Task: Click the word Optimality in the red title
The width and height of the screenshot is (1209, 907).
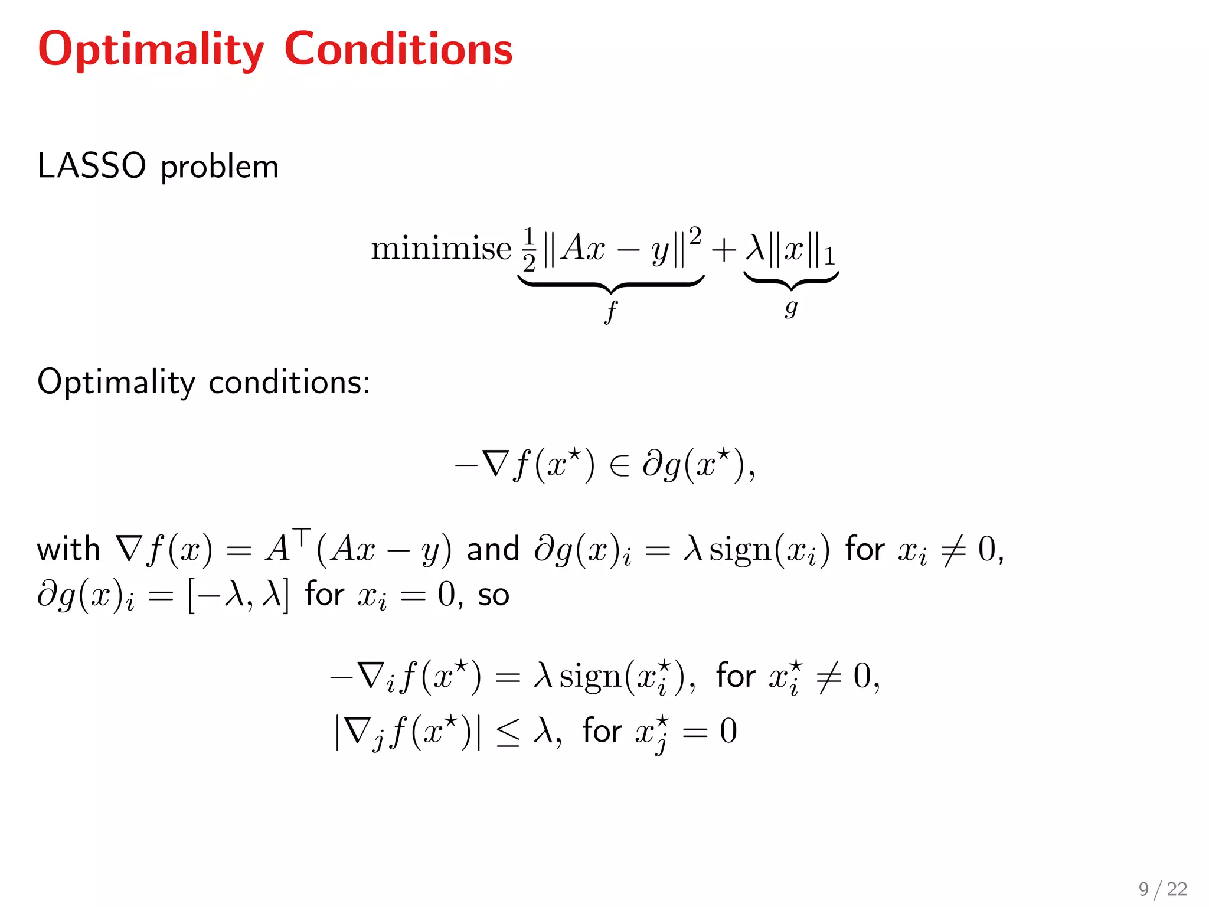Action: click(x=151, y=50)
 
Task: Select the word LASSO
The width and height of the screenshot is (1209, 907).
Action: click(x=92, y=166)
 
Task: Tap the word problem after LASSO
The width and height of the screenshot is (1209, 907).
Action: click(x=219, y=168)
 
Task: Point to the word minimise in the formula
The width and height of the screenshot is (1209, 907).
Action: click(x=441, y=248)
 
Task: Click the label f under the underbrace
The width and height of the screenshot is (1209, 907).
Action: click(x=611, y=311)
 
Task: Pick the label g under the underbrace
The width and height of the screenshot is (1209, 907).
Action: click(x=791, y=307)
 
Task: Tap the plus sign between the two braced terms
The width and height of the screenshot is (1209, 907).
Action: click(x=724, y=250)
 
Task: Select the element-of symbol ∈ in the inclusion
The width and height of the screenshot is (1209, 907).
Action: click(x=619, y=466)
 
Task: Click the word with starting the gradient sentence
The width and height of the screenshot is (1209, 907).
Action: click(x=68, y=549)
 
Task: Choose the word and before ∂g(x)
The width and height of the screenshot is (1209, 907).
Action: click(x=493, y=549)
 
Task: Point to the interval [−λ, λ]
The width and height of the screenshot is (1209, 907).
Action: click(x=238, y=595)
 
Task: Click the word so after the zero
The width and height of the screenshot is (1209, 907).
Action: click(x=494, y=595)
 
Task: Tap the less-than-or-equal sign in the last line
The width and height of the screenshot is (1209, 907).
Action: click(x=508, y=733)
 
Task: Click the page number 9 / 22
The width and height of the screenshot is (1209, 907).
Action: click(x=1162, y=889)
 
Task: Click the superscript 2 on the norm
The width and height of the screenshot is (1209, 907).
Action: click(x=695, y=236)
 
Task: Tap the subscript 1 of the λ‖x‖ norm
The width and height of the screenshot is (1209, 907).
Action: click(x=829, y=257)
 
